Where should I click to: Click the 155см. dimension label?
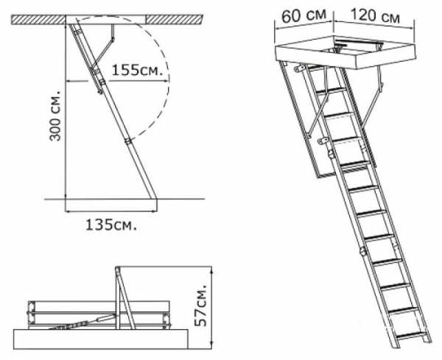point(138,70)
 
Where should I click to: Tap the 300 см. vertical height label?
point(55,116)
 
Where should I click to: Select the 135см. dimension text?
point(111,225)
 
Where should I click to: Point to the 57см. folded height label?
point(201,306)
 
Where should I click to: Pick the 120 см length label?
point(375,15)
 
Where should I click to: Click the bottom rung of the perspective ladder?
point(411,336)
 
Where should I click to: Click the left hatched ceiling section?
point(38,20)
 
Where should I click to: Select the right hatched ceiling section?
point(174,19)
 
